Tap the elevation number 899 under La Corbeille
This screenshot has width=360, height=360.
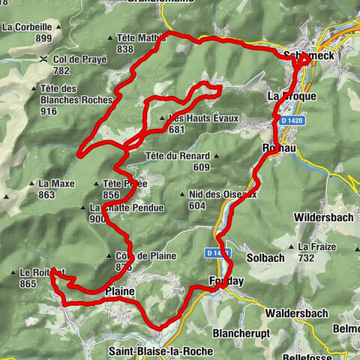coord(43,38)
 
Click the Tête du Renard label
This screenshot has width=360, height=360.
coord(177,156)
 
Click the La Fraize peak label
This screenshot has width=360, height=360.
coord(315,246)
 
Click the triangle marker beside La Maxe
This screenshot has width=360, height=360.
coord(31,183)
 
